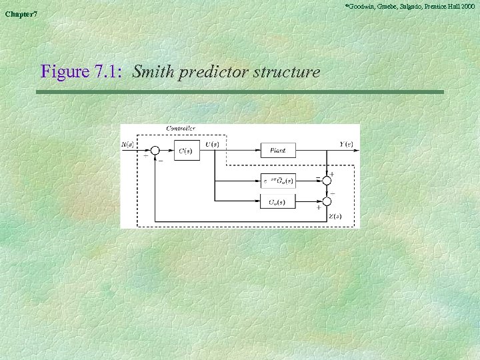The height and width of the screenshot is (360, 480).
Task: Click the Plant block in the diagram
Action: coord(277,151)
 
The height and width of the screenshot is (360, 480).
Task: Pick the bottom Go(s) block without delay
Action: coord(277,201)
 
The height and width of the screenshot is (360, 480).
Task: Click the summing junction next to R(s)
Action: coord(155,151)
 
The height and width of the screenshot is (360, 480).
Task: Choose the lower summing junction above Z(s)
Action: coord(327,201)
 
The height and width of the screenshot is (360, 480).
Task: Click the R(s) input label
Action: coord(127,144)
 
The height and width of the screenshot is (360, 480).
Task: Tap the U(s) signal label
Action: coord(211,144)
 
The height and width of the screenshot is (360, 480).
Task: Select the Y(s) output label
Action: coord(346,144)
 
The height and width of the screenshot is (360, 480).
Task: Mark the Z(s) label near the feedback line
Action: coord(335,216)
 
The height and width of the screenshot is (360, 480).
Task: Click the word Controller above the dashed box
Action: coord(180,128)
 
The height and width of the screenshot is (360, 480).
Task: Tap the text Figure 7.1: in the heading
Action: coord(81,71)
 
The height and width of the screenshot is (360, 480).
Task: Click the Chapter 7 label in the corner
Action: coord(21,15)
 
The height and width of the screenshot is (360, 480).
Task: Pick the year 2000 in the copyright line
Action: coord(467,5)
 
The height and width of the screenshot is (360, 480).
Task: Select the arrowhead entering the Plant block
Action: coord(257,151)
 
